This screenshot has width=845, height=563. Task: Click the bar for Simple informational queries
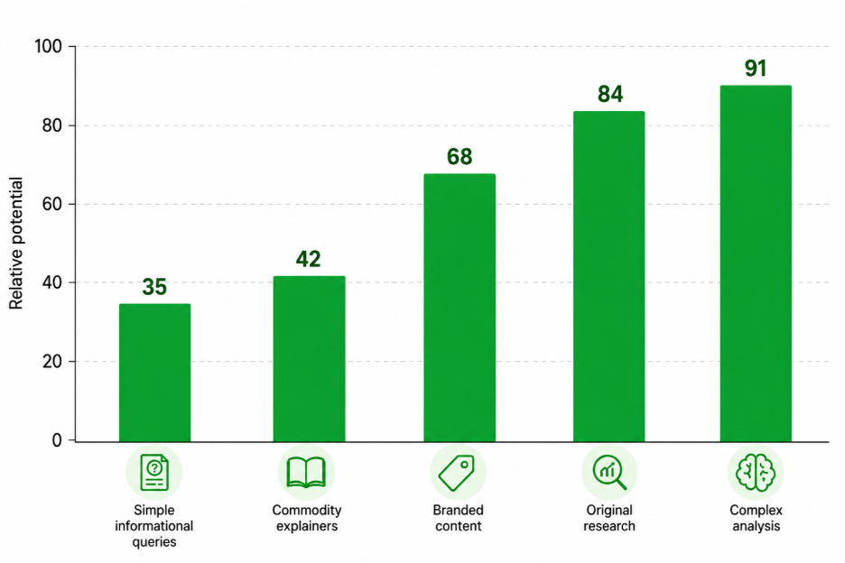point(154,373)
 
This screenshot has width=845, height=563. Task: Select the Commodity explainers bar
point(309,359)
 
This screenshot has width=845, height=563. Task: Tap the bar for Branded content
point(460,308)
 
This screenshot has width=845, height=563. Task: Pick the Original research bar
point(609,276)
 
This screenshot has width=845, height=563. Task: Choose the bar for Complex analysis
point(756,263)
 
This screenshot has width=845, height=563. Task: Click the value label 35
point(154,287)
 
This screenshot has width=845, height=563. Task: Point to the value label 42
point(308,259)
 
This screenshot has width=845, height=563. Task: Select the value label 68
point(460,157)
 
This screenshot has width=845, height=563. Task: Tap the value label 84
point(610,94)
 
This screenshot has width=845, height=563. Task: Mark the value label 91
point(756,69)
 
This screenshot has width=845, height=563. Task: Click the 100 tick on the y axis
point(49,46)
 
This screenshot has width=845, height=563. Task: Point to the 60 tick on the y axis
point(51,204)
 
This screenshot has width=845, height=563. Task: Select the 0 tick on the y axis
point(57,440)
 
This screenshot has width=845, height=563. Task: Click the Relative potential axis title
point(16,243)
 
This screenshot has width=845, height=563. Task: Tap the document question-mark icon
point(154,473)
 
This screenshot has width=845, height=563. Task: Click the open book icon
point(306,473)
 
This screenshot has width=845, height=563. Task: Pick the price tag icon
point(457,473)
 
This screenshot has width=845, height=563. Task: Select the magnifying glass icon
point(609,472)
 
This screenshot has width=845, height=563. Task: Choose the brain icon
point(756,473)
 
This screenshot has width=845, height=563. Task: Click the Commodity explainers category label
point(307,518)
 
